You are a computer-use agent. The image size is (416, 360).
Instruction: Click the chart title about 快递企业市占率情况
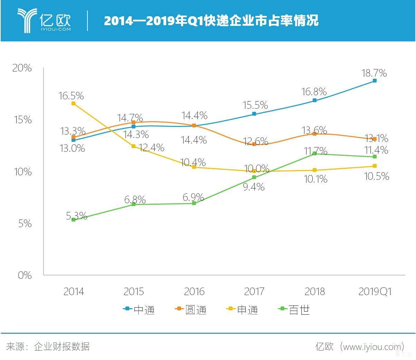(211, 21)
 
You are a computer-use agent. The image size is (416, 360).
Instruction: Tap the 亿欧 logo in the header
(44, 21)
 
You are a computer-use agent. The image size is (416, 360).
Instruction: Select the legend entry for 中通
(139, 310)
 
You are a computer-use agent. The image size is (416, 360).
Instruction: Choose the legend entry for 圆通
(191, 310)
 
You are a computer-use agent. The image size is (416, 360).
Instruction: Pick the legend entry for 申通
(243, 310)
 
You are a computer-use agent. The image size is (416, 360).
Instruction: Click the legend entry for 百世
(294, 310)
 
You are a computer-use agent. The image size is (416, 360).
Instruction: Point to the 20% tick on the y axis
(22, 68)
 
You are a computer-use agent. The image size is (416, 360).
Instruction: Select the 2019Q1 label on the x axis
(375, 292)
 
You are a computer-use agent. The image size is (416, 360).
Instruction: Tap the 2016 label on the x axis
(194, 292)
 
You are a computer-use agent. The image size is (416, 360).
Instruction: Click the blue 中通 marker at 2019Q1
(375, 81)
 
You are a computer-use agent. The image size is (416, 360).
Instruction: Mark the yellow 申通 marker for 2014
(73, 103)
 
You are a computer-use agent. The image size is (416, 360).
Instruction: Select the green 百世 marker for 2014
(73, 220)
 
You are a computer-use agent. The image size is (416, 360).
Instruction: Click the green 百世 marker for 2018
(314, 154)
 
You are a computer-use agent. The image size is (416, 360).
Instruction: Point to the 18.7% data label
(374, 73)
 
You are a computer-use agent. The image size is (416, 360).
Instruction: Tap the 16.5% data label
(71, 96)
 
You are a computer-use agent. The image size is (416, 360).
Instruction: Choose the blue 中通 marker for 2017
(254, 114)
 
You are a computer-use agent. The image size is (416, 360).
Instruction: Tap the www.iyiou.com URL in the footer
(372, 347)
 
